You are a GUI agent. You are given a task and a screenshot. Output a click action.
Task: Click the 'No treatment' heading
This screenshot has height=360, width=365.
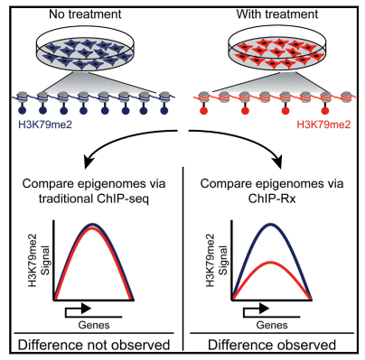(x=85, y=14)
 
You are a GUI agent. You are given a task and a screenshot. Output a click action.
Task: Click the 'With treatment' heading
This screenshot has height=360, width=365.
(x=277, y=14)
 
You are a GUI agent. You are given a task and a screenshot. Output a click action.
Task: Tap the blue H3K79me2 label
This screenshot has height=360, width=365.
(x=45, y=125)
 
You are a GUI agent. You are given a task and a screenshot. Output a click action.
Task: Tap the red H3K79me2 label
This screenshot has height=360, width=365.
(x=323, y=125)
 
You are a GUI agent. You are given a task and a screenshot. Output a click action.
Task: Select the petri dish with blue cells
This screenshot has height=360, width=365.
(x=85, y=51)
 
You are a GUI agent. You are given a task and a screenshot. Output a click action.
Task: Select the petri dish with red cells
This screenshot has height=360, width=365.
(x=277, y=51)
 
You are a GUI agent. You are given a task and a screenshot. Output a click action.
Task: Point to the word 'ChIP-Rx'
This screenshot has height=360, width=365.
(x=272, y=199)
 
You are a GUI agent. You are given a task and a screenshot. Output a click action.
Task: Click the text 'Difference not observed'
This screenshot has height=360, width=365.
(x=94, y=345)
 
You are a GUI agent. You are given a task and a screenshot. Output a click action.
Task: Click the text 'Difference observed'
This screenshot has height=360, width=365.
(x=272, y=345)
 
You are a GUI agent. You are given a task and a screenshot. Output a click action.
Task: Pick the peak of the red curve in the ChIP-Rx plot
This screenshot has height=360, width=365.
(x=271, y=263)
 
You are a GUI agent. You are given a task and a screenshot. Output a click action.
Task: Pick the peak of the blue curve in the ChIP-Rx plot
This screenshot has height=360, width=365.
(x=271, y=225)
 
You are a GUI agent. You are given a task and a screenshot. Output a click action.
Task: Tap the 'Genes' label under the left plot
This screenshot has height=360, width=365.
(x=94, y=325)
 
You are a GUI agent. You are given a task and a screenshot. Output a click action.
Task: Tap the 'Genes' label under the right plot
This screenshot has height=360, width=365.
(x=272, y=325)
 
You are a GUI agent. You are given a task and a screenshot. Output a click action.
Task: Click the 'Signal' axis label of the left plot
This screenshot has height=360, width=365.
(x=45, y=261)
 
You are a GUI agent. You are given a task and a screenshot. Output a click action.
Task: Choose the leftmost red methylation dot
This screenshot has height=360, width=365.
(x=204, y=111)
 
